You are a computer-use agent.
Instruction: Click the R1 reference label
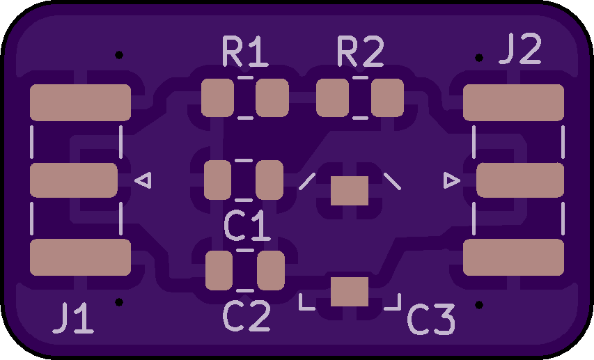point(245,52)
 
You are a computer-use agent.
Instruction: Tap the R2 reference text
point(360,52)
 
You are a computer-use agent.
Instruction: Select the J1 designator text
point(72,319)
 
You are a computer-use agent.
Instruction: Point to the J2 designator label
point(520,50)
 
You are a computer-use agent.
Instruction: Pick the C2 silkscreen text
point(247,317)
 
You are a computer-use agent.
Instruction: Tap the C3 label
point(431,320)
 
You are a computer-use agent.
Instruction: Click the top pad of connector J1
point(81,102)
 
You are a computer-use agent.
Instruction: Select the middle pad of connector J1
point(74,180)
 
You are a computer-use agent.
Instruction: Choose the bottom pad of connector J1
point(81,257)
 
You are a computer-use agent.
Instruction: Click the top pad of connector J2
point(513,102)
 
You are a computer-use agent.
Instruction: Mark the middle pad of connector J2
point(519,180)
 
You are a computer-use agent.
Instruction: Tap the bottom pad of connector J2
point(513,257)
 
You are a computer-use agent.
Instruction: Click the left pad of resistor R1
point(217,97)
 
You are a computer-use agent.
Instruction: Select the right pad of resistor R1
point(272,97)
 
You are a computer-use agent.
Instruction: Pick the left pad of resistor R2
point(332,97)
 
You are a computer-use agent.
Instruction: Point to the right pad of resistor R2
point(387,97)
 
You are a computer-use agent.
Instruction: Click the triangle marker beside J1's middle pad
point(143,180)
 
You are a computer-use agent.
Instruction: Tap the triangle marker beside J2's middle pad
point(451,180)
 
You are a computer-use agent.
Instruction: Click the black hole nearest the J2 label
point(479,58)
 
